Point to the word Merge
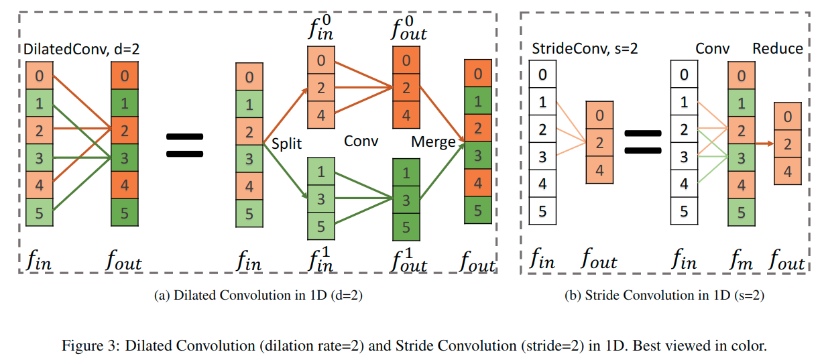coord(433,142)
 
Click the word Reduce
coord(777,48)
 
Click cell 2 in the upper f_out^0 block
coord(406,87)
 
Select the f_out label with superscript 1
coord(408,259)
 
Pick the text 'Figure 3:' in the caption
coord(84,347)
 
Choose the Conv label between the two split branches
coord(361,141)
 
